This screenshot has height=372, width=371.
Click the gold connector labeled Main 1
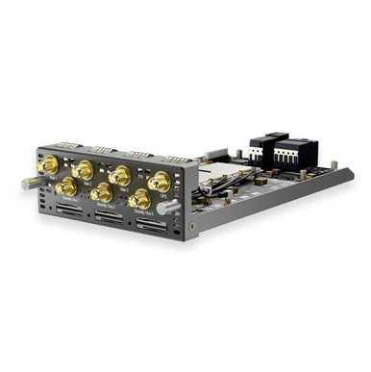pyautogui.click(x=45, y=166)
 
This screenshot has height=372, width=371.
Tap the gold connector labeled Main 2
pyautogui.click(x=84, y=171)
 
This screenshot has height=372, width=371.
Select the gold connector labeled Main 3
pyautogui.click(x=121, y=175)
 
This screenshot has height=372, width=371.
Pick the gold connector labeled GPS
pyautogui.click(x=160, y=182)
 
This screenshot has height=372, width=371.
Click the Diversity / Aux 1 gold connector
pyautogui.click(x=66, y=186)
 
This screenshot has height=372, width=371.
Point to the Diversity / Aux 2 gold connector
pyautogui.click(x=102, y=192)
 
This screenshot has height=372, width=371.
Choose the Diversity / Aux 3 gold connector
pyautogui.click(x=140, y=199)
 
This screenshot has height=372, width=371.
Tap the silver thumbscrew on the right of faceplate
pyautogui.click(x=174, y=206)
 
